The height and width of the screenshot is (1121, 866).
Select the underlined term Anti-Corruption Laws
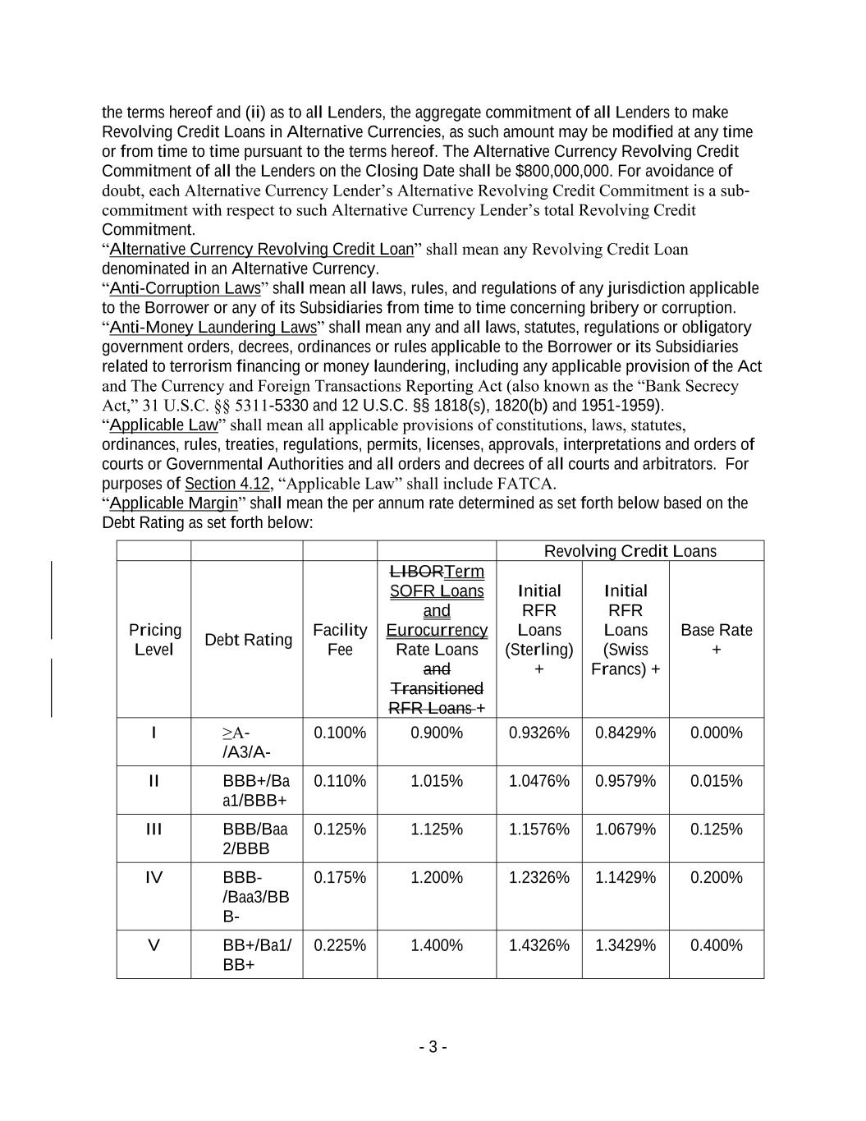pos(185,288)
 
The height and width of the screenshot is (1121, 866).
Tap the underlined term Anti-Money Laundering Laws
pos(213,328)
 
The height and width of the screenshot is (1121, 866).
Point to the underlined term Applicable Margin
pos(173,503)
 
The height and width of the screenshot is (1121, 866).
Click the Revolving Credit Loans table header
pos(630,551)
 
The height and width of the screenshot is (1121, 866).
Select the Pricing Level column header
pos(154,639)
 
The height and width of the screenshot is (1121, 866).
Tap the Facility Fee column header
pos(340,639)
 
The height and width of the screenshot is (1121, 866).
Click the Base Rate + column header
pos(716,639)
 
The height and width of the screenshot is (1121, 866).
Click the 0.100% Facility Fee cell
pos(340,733)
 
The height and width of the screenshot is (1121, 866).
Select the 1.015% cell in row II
pos(437,781)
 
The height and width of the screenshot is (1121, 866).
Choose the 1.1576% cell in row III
pos(538,829)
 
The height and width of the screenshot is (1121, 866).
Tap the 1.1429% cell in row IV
pos(625,878)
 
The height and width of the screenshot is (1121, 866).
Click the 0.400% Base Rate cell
pos(716,945)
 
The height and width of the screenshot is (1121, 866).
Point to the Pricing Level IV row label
pos(154,878)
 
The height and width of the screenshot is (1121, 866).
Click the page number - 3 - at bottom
pos(433,1047)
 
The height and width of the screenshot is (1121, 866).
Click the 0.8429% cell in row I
pos(625,733)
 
